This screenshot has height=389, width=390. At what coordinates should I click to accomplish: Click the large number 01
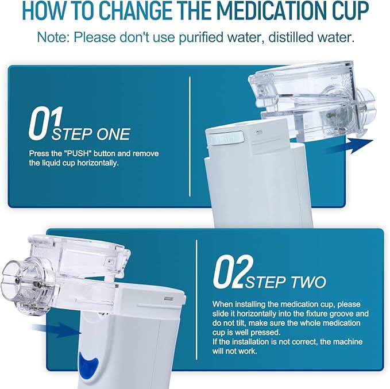(45, 123)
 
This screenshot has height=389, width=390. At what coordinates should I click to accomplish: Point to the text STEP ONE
(91, 134)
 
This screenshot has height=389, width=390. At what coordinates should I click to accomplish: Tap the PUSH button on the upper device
(227, 138)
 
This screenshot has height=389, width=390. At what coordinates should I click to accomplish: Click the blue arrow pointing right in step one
(347, 146)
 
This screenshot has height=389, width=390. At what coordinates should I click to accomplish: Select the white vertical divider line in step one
(190, 136)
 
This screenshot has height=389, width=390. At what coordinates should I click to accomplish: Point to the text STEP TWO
(285, 282)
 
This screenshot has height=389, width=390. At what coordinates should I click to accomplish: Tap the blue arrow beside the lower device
(56, 330)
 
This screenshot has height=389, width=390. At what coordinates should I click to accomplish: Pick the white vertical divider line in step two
(196, 300)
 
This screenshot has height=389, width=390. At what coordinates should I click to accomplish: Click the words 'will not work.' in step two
(234, 351)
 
